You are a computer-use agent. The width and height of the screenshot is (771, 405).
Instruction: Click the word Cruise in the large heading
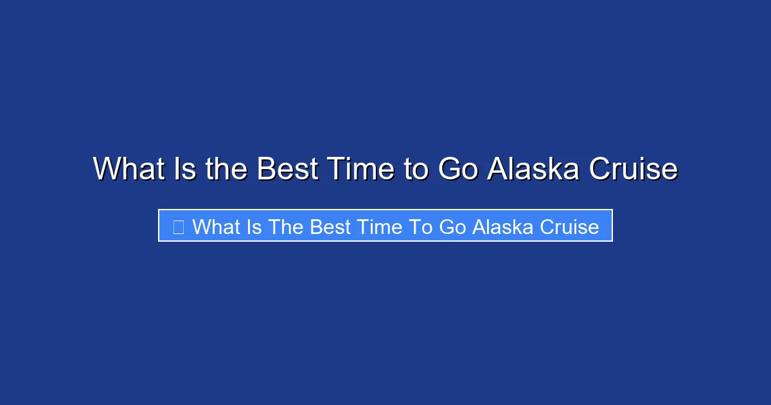(x=634, y=170)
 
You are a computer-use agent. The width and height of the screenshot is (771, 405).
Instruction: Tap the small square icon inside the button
(x=179, y=227)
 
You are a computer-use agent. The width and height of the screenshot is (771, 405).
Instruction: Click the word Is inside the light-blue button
(x=254, y=227)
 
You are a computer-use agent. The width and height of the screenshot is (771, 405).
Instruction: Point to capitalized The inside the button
(x=286, y=227)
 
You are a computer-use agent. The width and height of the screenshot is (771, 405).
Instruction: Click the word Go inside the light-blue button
(x=452, y=227)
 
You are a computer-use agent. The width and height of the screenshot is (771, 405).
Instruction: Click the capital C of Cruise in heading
(x=600, y=170)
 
